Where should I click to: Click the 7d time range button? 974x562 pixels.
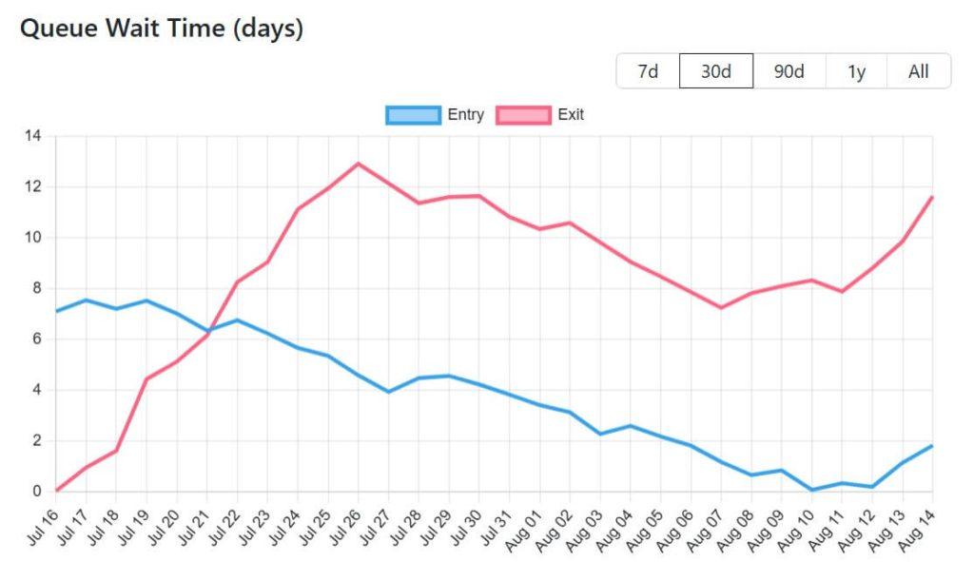[x=648, y=71]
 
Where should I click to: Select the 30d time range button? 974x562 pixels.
[x=715, y=71]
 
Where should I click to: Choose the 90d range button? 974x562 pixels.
[x=789, y=71]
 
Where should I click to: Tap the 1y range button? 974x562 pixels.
[x=856, y=71]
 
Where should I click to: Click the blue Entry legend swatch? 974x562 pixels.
[x=413, y=115]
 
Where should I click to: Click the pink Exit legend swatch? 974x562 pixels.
[x=523, y=115]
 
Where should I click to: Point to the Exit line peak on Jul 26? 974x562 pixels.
[x=359, y=164]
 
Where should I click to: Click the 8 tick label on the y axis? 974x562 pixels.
[x=36, y=288]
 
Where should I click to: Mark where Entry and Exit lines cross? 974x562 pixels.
[x=209, y=331]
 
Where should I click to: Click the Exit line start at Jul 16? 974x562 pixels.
[x=57, y=491]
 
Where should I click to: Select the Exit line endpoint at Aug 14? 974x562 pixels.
[x=932, y=197]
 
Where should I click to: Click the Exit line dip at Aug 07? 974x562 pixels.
[x=721, y=308]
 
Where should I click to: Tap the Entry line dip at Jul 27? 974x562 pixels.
[x=388, y=392]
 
